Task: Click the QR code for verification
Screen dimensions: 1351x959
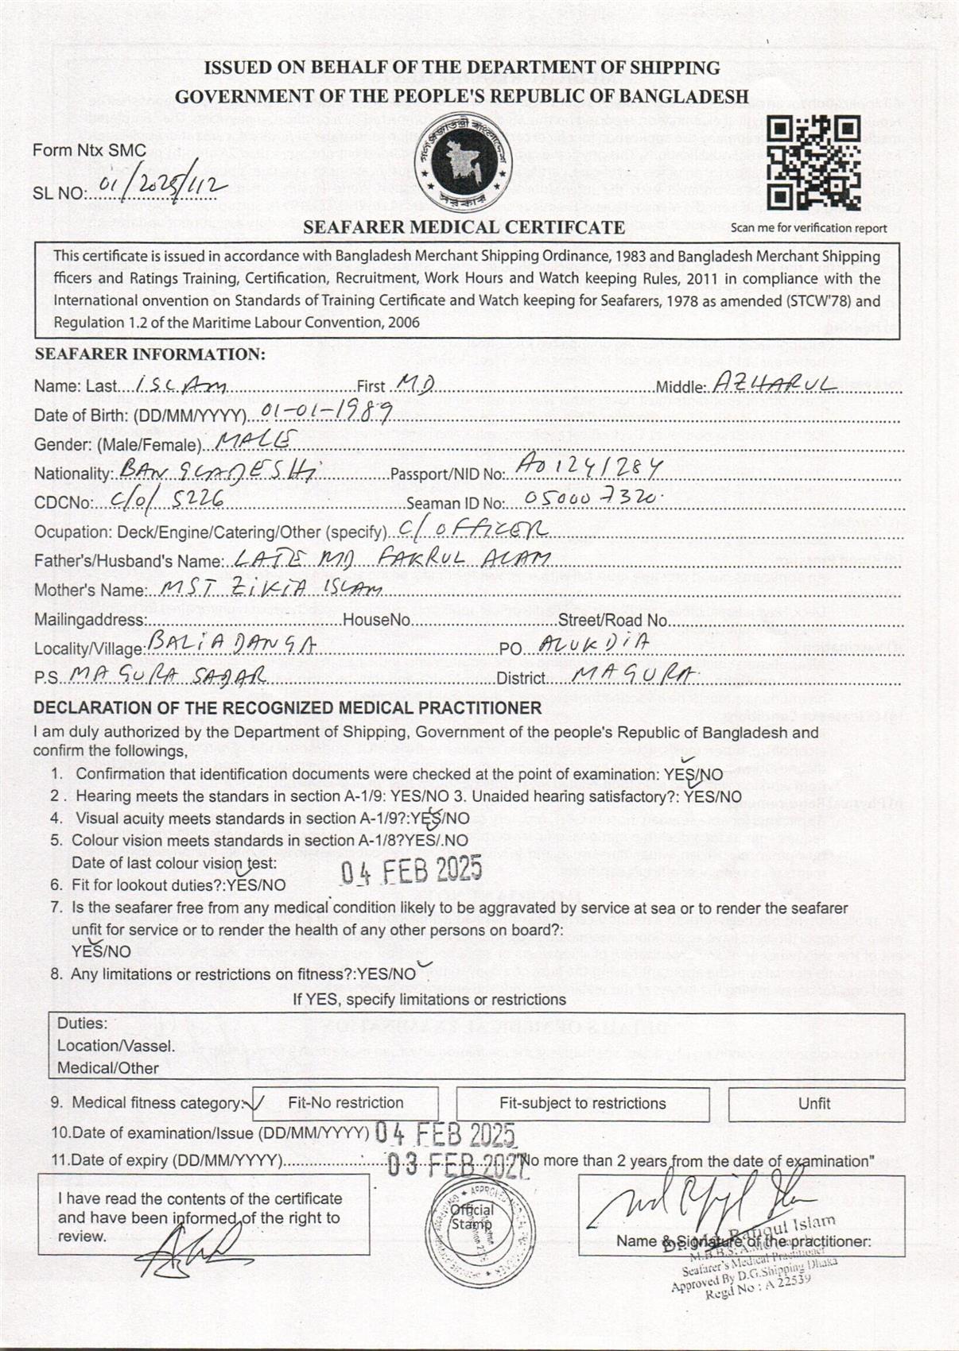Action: (815, 163)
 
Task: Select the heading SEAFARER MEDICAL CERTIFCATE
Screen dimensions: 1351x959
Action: (464, 227)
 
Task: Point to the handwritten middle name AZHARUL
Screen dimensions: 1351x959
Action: (772, 384)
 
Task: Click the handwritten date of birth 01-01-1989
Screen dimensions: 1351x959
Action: (327, 411)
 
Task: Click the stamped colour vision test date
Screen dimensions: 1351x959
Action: (411, 871)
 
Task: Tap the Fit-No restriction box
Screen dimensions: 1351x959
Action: (345, 1103)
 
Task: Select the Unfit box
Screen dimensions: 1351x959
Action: (816, 1104)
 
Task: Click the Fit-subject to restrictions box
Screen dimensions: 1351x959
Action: (582, 1103)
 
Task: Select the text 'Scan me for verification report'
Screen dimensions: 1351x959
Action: (808, 228)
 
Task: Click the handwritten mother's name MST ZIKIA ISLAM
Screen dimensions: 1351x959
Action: (270, 588)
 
